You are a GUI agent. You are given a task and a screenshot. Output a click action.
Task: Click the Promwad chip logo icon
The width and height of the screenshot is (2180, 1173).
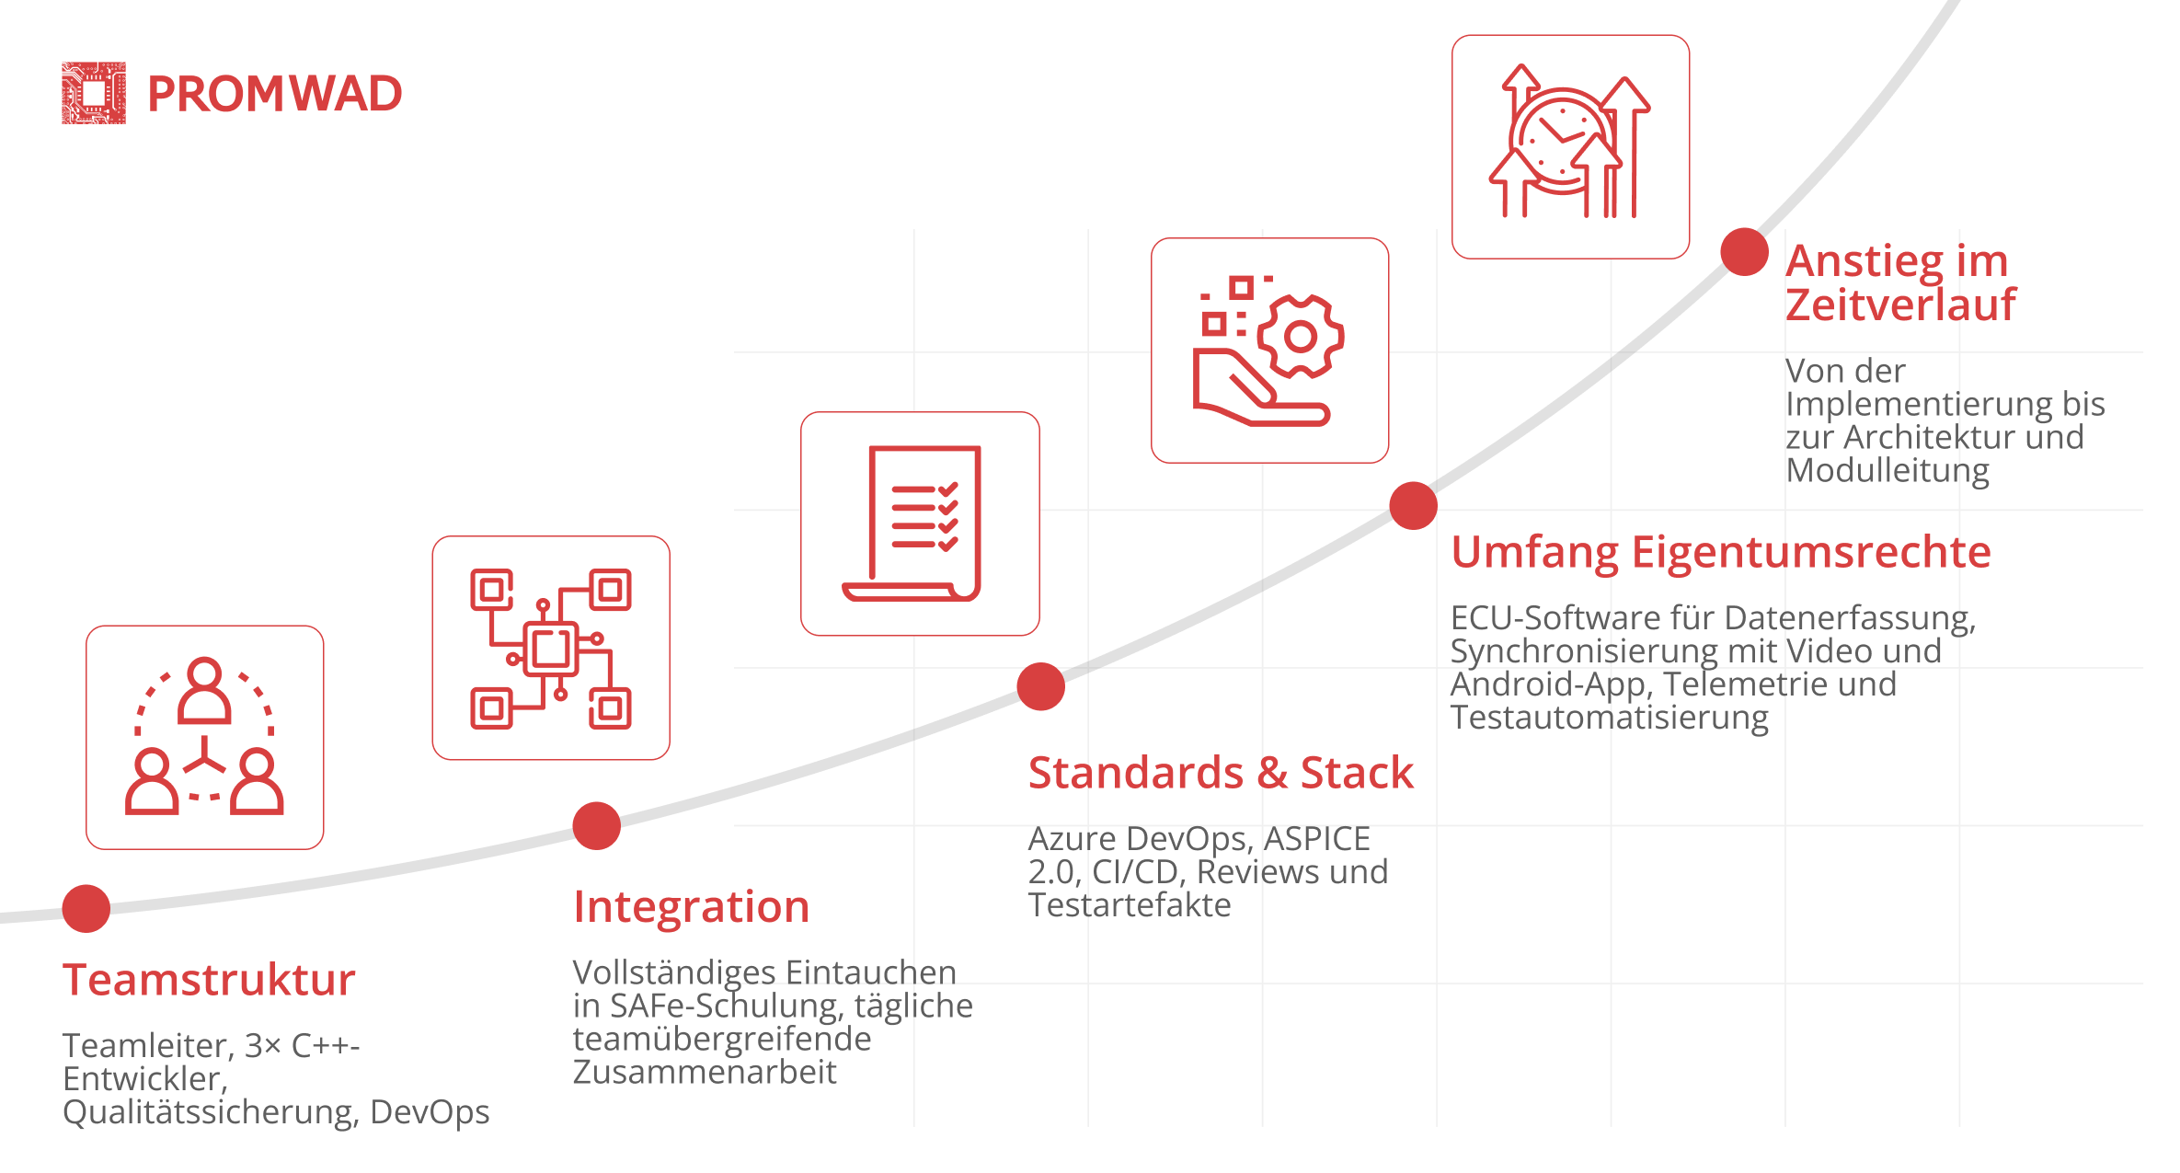(x=94, y=93)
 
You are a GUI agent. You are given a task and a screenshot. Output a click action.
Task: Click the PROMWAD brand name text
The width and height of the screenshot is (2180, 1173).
(x=275, y=94)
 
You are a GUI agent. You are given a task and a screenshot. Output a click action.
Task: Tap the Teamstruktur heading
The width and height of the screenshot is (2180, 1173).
(x=209, y=979)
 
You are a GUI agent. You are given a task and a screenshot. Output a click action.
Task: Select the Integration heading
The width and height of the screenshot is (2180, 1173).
(x=692, y=907)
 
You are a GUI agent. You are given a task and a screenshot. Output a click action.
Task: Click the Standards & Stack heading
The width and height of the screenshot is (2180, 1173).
(x=1221, y=772)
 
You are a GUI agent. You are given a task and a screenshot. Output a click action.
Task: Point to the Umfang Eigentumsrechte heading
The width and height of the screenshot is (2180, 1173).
(x=1721, y=553)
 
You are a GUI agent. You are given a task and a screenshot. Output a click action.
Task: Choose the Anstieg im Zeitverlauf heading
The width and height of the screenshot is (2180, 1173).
(x=1900, y=282)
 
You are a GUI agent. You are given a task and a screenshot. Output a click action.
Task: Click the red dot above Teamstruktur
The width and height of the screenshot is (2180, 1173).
(x=86, y=909)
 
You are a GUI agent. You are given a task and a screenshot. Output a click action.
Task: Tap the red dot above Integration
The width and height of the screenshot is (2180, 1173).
(x=597, y=826)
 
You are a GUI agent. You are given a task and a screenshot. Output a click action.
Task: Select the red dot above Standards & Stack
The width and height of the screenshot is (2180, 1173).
(x=1041, y=687)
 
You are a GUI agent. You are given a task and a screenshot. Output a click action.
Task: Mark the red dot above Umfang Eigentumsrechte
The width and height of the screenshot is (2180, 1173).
(x=1414, y=506)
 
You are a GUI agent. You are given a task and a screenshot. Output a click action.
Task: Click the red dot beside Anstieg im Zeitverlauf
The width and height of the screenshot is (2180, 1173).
(x=1745, y=252)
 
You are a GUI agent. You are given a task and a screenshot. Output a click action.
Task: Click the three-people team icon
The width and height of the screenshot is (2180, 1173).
(x=204, y=736)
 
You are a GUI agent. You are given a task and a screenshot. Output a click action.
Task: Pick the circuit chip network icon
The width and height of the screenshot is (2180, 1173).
(x=551, y=649)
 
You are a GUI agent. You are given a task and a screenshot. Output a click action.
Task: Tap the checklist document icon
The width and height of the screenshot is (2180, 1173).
(x=912, y=523)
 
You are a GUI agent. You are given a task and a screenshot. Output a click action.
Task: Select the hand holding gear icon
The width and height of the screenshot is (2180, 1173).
(x=1268, y=351)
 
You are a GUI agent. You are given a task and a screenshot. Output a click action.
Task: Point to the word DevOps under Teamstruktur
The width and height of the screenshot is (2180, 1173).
(x=430, y=1112)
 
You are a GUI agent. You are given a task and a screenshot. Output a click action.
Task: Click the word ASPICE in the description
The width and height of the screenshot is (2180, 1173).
(x=1317, y=839)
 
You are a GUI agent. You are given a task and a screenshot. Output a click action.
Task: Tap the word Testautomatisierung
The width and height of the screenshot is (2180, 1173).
(x=1610, y=718)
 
